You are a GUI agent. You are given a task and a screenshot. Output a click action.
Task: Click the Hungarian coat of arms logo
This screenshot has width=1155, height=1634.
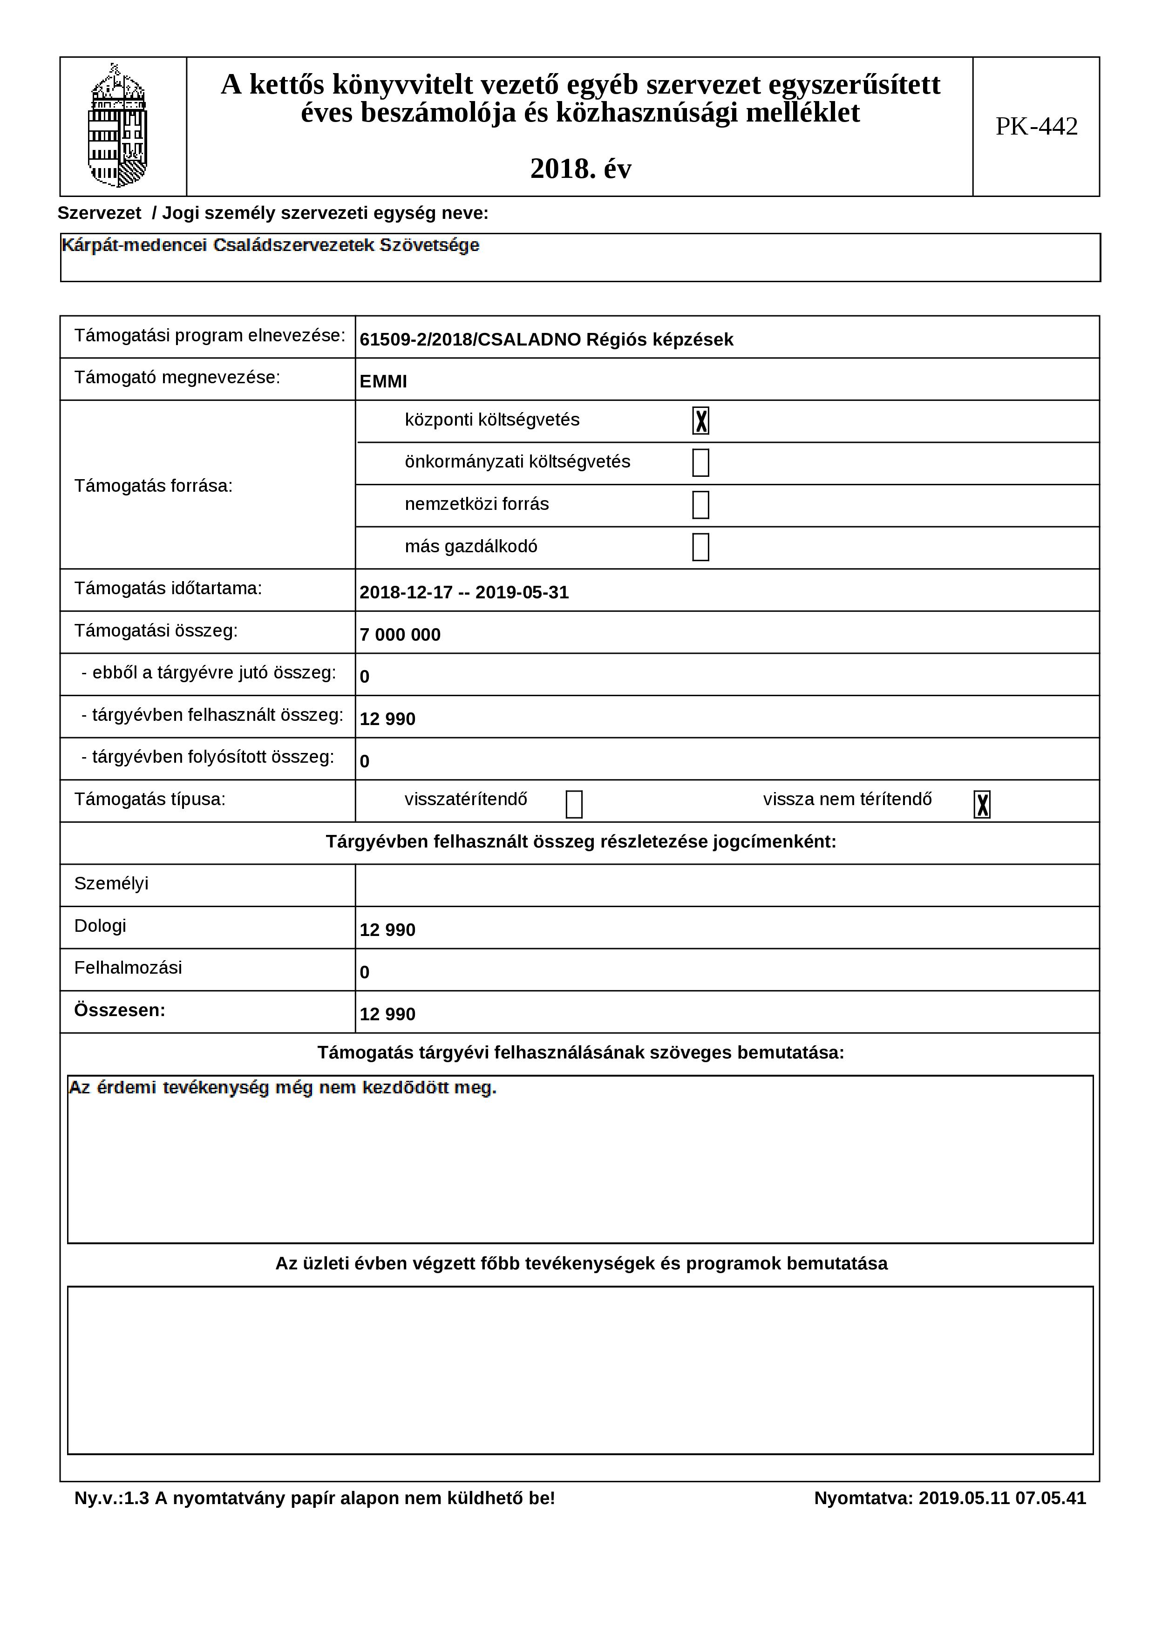(117, 126)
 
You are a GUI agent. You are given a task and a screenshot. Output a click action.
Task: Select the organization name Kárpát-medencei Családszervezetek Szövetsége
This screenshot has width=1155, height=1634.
(271, 245)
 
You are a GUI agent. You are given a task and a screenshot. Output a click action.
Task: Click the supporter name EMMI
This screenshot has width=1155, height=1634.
(383, 381)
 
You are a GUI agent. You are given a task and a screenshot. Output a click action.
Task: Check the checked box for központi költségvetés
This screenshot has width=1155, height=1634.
(700, 420)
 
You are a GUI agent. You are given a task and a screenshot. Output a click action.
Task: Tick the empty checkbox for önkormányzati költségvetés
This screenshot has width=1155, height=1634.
(700, 462)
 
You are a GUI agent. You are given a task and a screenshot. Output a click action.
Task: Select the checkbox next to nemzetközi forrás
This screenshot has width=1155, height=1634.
(700, 505)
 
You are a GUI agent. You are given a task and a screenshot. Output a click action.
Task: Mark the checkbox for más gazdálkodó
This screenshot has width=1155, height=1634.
(700, 547)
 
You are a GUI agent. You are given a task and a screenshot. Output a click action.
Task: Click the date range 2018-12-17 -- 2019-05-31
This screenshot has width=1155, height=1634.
(464, 593)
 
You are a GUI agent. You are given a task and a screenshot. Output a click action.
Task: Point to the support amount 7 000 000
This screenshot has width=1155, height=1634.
(400, 635)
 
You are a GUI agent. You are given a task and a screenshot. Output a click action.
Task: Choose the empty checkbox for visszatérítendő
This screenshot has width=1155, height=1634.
(574, 804)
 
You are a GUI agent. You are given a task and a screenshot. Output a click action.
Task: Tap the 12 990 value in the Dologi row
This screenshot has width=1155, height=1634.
(387, 930)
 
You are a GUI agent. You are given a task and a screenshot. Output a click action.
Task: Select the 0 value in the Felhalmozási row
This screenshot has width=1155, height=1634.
(364, 972)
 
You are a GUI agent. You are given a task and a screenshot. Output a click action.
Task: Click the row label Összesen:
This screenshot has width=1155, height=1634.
(120, 1010)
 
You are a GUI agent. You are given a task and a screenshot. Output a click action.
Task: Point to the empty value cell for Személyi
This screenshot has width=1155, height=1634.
(726, 885)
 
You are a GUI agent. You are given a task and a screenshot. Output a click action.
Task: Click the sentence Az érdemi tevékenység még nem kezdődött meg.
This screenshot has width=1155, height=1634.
(283, 1088)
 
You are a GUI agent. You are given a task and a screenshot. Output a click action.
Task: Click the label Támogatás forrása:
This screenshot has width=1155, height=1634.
(153, 486)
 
